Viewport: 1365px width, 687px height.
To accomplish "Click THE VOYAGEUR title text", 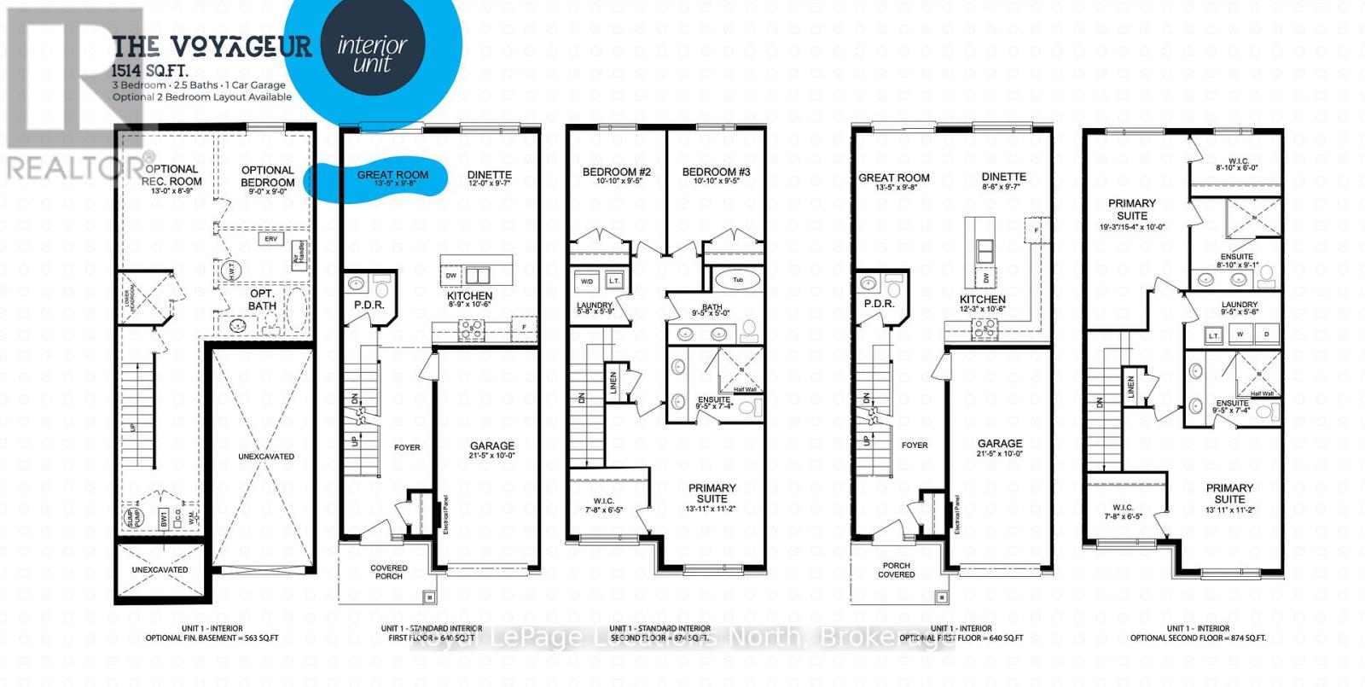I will (x=212, y=46).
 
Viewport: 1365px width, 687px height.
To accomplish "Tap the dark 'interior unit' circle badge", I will (x=372, y=54).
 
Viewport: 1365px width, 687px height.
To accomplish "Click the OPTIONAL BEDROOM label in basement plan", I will (x=267, y=176).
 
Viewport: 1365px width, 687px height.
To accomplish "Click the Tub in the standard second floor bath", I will (x=738, y=280).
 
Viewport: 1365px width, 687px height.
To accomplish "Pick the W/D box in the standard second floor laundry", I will (x=587, y=281).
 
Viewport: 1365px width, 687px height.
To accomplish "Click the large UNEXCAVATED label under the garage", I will (x=266, y=457).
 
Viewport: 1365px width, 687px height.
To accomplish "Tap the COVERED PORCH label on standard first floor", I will (x=388, y=572).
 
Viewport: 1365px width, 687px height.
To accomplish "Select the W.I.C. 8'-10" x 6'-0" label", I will (x=1237, y=164).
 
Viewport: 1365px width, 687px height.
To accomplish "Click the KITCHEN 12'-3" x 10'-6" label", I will (x=982, y=304).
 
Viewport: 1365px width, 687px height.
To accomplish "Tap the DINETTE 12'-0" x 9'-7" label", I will (x=489, y=178).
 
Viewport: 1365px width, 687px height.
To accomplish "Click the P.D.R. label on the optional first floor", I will (x=878, y=304).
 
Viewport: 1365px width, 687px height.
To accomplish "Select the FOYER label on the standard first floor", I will (x=407, y=447).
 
